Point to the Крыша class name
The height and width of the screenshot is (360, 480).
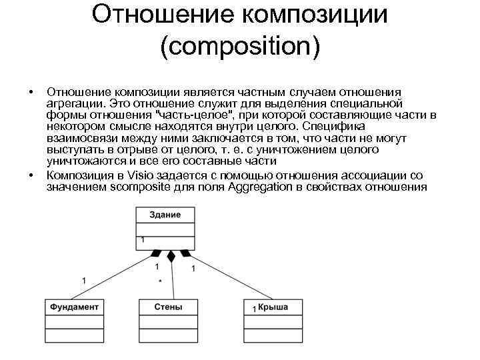coord(273,307)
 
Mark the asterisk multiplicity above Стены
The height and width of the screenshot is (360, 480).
coord(160,282)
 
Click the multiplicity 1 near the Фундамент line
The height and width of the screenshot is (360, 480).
coord(84,279)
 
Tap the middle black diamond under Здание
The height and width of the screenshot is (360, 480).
coord(171,256)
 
